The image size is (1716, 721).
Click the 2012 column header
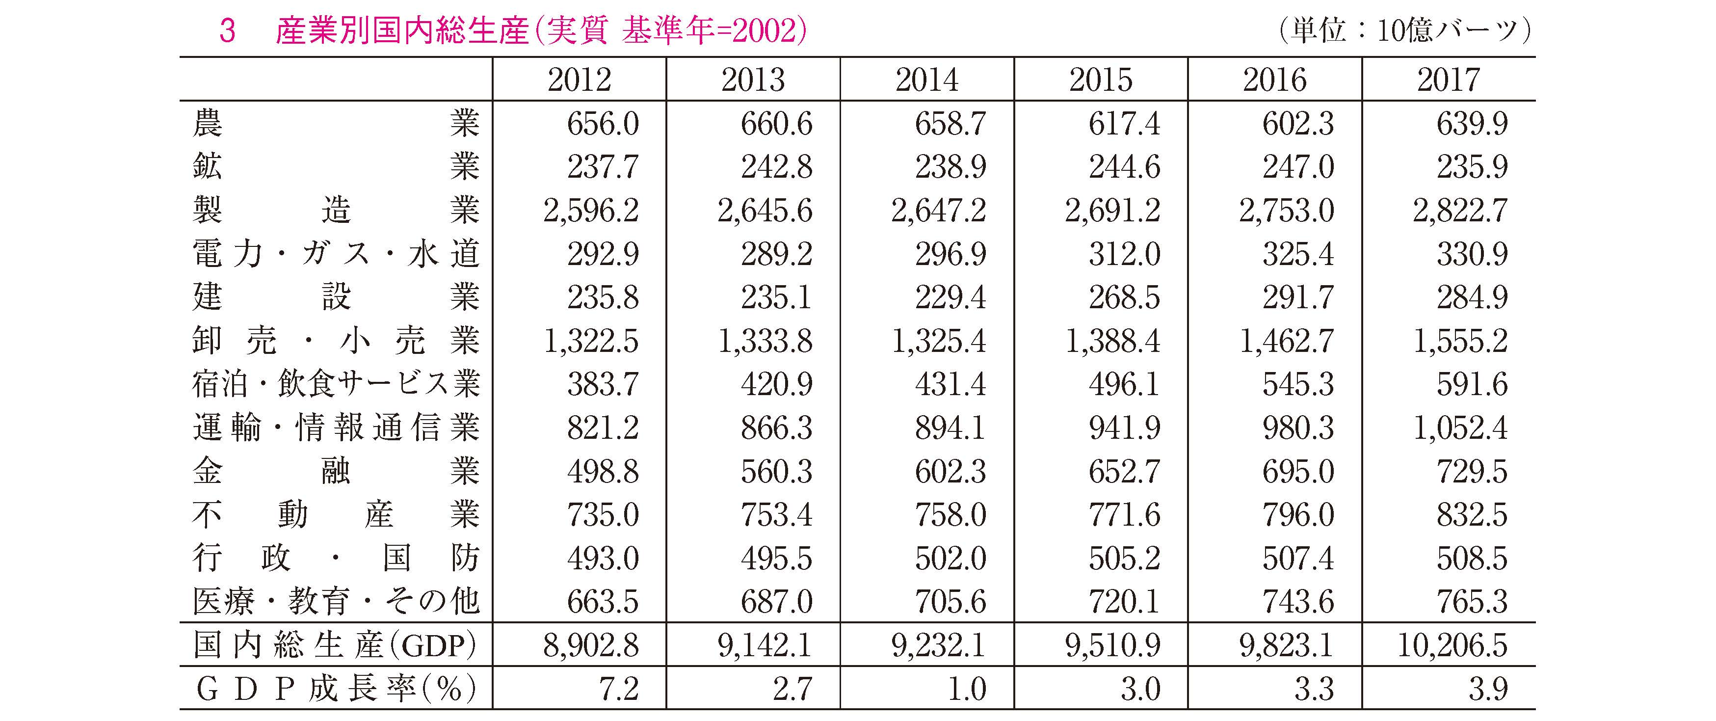click(579, 80)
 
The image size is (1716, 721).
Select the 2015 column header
click(1101, 80)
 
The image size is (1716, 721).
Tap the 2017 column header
click(1448, 80)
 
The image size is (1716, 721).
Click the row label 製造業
click(336, 210)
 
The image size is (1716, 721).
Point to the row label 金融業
click(336, 471)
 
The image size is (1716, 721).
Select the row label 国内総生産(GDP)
click(335, 645)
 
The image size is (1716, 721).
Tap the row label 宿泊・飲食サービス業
click(336, 384)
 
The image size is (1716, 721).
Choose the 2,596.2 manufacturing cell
click(591, 211)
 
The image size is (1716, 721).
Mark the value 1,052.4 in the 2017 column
click(1460, 428)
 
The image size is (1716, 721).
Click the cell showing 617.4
click(1125, 123)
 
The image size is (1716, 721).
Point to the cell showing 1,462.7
click(1286, 341)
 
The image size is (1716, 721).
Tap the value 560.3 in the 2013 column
click(777, 471)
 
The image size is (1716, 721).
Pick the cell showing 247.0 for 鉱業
click(1298, 166)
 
